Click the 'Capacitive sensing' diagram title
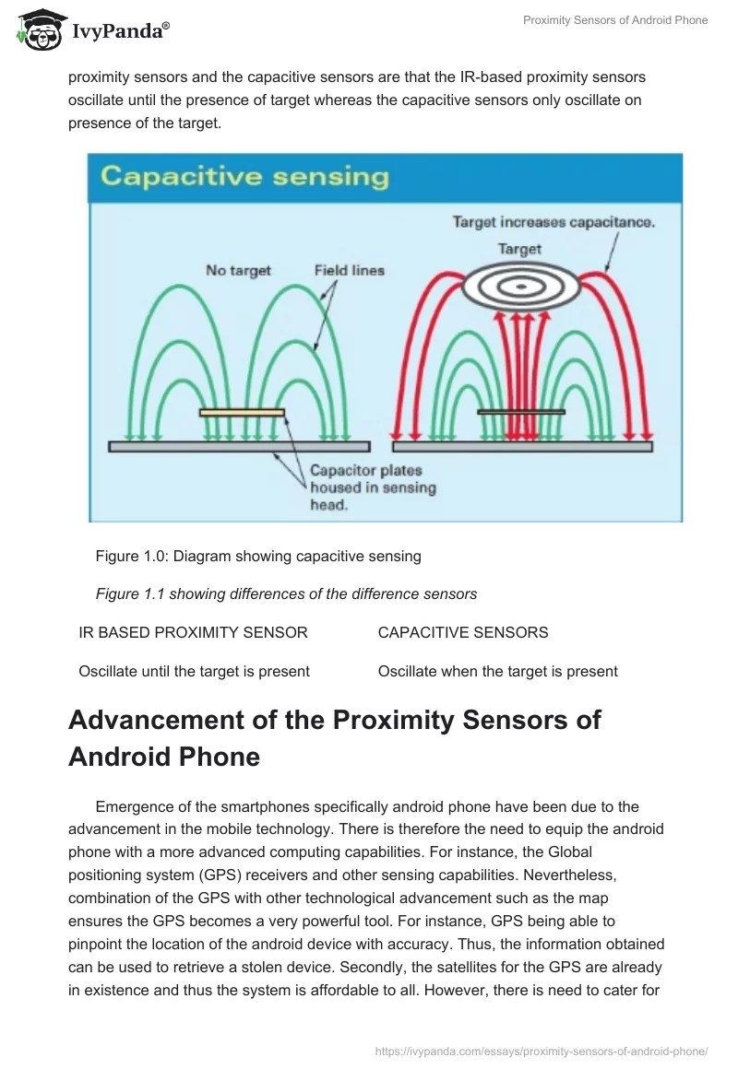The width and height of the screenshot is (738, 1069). tap(244, 176)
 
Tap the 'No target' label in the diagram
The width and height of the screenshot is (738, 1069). tap(238, 270)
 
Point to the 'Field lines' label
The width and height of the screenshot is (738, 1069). tap(349, 270)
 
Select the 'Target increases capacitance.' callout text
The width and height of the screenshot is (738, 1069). tap(553, 222)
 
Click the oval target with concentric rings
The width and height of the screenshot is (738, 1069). tap(521, 287)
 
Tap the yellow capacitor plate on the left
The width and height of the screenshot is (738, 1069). tap(242, 412)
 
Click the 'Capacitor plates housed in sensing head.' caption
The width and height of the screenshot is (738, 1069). tap(373, 488)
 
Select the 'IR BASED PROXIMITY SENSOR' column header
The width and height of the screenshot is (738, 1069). tap(194, 632)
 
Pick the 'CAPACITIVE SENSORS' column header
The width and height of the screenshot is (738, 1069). tap(463, 632)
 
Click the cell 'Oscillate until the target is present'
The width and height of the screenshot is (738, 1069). tap(195, 671)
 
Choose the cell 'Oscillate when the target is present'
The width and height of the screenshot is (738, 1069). tap(498, 671)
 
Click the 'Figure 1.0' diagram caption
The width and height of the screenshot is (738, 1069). tap(258, 556)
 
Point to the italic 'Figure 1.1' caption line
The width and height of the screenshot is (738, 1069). tap(286, 594)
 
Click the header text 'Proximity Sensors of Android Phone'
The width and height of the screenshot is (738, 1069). tap(615, 20)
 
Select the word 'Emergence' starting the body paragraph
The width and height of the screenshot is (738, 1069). tap(131, 807)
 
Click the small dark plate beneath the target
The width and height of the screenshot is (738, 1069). tap(521, 412)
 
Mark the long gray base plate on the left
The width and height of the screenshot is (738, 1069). tap(240, 446)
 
